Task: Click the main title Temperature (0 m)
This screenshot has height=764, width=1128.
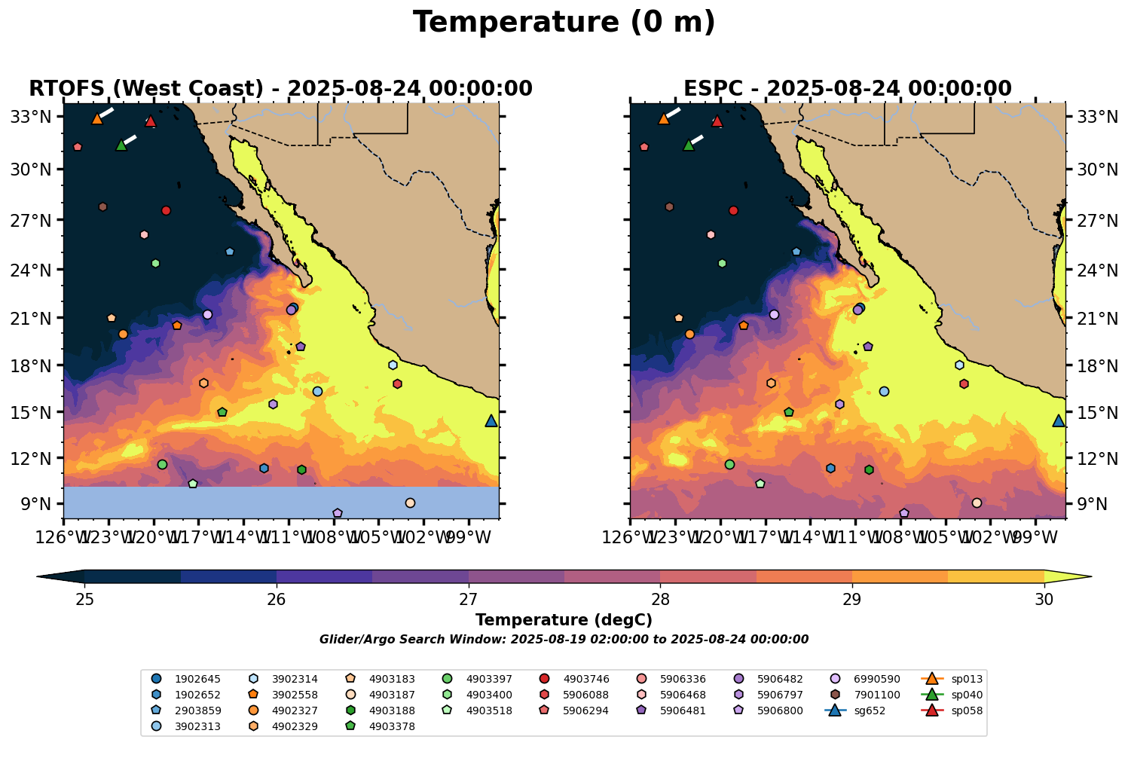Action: [564, 23]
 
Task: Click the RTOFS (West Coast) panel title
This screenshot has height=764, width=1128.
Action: [280, 89]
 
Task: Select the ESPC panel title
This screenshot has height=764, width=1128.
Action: [847, 89]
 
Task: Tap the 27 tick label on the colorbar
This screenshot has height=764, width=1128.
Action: [469, 600]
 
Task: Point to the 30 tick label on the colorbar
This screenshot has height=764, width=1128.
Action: [1044, 600]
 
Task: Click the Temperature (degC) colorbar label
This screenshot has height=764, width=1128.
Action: [564, 620]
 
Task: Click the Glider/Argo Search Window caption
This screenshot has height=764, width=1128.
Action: [564, 640]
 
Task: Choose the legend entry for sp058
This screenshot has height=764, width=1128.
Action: [957, 711]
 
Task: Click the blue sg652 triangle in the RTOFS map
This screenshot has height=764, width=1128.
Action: [491, 421]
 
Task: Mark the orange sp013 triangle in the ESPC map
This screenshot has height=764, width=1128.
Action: [664, 119]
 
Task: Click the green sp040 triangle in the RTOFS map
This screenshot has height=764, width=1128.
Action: [121, 145]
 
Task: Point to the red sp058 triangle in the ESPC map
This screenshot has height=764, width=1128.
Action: [717, 121]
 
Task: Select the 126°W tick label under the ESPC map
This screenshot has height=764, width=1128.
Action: [630, 540]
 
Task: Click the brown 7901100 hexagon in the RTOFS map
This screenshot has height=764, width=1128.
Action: [102, 207]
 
